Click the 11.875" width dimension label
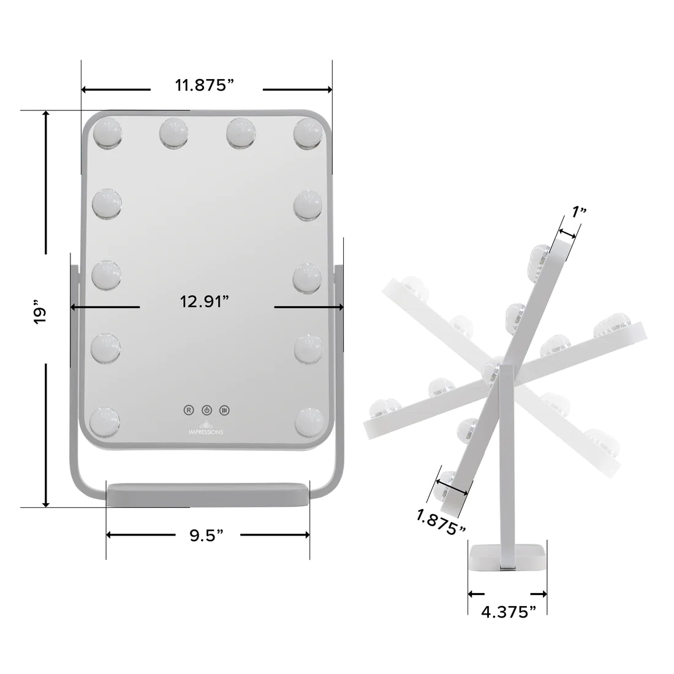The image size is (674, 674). click(x=205, y=85)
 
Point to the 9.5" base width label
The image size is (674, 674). click(x=206, y=536)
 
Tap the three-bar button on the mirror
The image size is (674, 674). click(x=224, y=409)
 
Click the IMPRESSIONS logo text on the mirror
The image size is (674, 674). click(x=206, y=431)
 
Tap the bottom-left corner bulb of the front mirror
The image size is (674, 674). click(x=104, y=423)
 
